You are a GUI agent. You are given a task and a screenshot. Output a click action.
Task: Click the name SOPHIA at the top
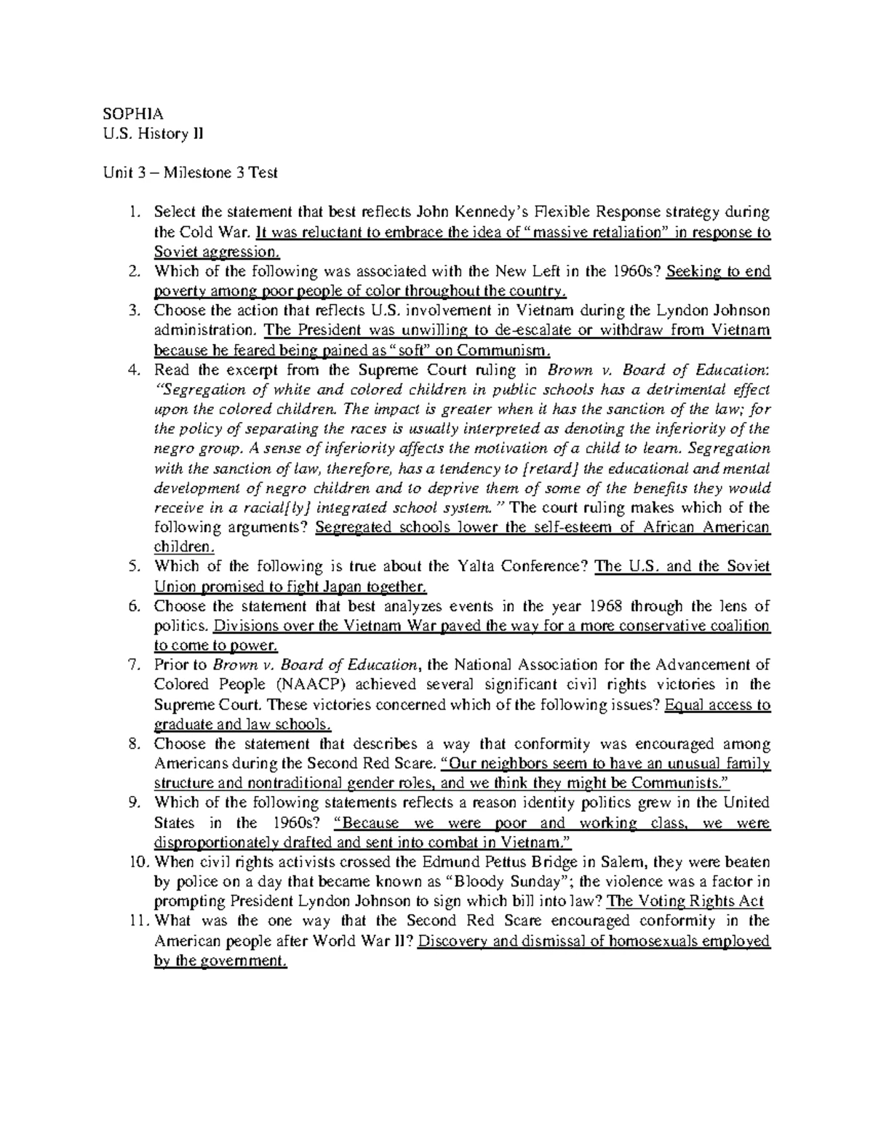(132, 114)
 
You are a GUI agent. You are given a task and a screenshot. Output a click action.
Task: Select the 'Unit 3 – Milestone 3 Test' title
(189, 173)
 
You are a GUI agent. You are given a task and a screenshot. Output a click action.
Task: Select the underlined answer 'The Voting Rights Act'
(685, 902)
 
